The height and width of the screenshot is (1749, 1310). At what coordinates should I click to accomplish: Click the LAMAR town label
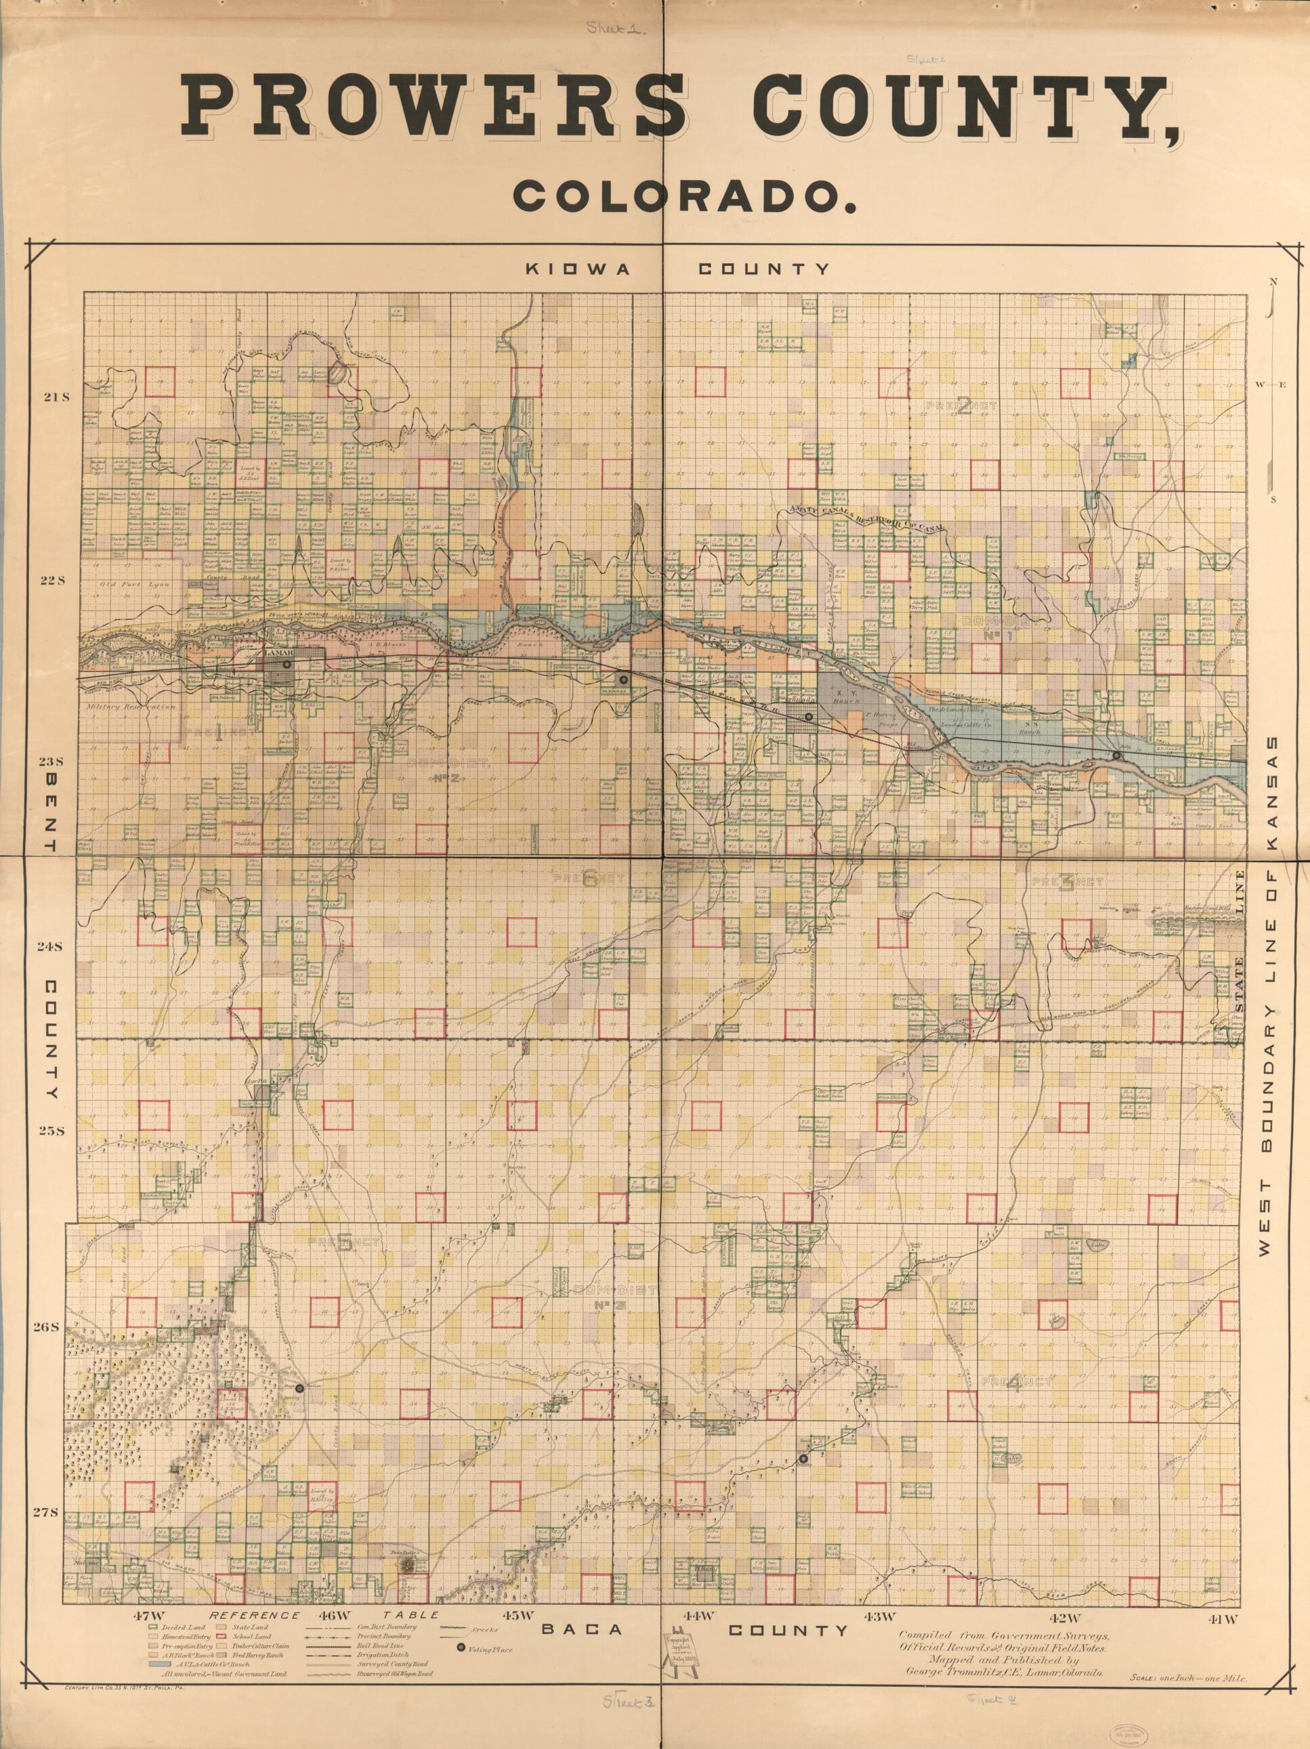click(278, 654)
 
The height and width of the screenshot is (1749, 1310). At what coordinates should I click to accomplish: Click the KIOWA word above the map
click(578, 269)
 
